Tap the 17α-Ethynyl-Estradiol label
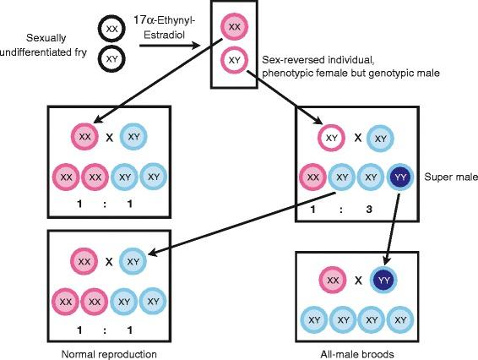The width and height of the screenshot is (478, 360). pyautogui.click(x=176, y=25)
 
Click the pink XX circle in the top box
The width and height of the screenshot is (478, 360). pyautogui.click(x=234, y=29)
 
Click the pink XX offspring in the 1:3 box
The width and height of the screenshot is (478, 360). pyautogui.click(x=312, y=177)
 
